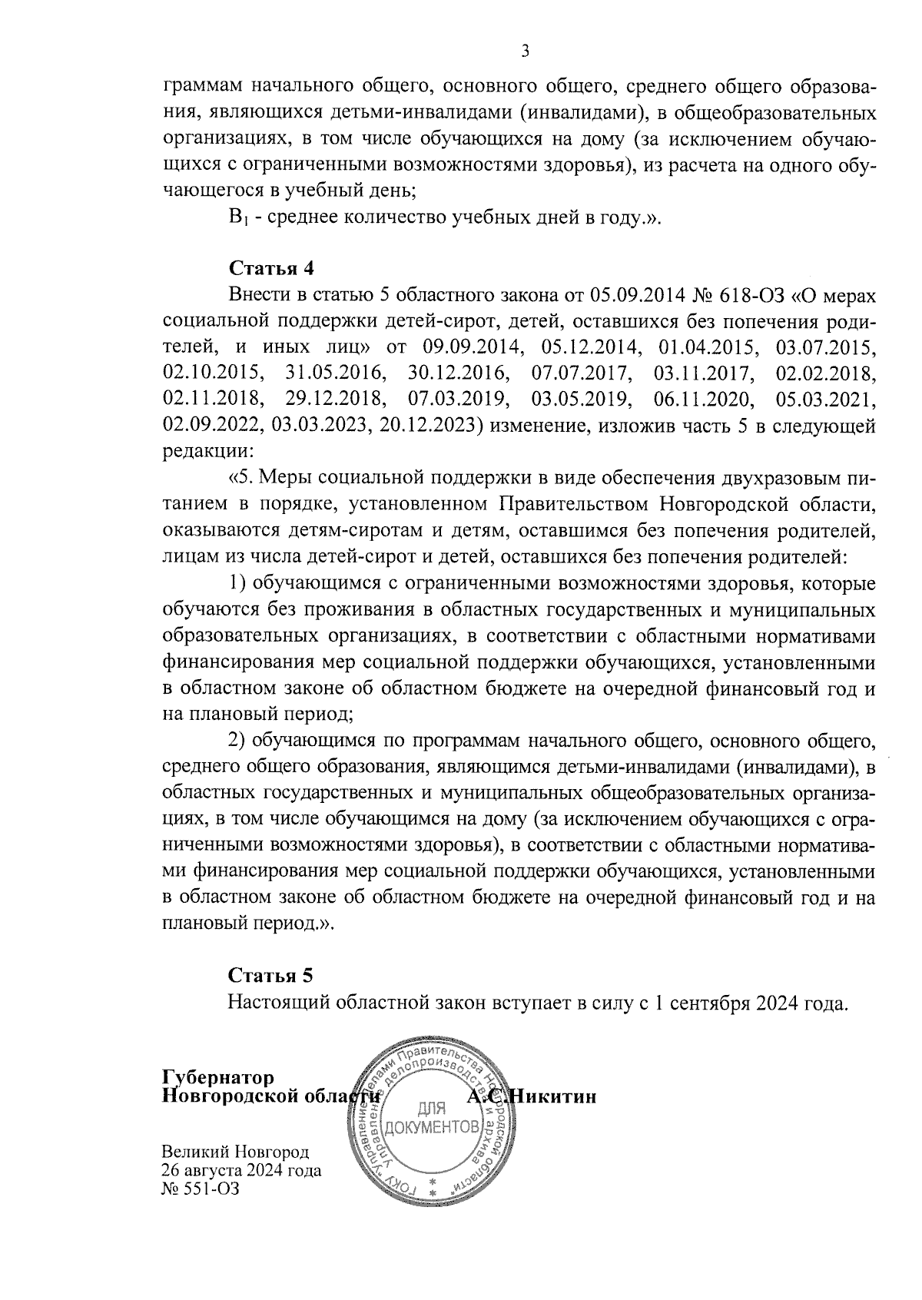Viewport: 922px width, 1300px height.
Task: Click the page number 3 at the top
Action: (526, 52)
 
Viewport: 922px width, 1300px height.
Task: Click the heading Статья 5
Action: (270, 976)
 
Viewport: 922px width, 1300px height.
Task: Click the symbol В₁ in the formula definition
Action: (236, 218)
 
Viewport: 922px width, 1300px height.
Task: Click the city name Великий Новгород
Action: (235, 1152)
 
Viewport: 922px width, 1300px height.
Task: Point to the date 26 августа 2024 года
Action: (241, 1171)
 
